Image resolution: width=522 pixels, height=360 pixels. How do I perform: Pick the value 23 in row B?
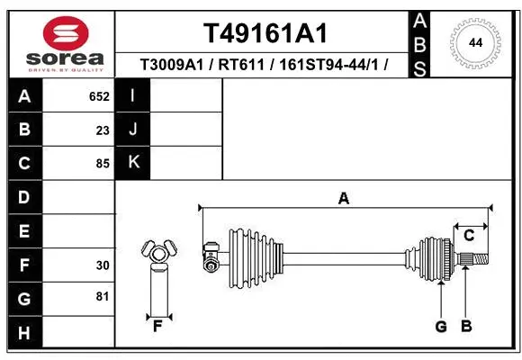pyautogui.click(x=103, y=130)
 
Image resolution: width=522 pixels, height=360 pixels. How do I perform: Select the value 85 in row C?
pyautogui.click(x=103, y=164)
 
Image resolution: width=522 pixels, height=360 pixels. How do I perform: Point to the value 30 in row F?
pyautogui.click(x=103, y=265)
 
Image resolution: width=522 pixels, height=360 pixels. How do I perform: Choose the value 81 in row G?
pyautogui.click(x=103, y=296)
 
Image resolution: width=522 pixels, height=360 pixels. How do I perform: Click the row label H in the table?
pyautogui.click(x=24, y=334)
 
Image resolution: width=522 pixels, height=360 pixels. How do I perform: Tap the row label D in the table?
pyautogui.click(x=24, y=197)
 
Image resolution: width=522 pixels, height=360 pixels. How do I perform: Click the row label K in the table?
pyautogui.click(x=133, y=163)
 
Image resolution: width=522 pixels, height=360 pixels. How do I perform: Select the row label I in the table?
pyautogui.click(x=133, y=95)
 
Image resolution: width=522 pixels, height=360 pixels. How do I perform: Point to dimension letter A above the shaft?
pyautogui.click(x=343, y=198)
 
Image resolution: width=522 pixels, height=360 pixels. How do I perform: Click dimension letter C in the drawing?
pyautogui.click(x=469, y=235)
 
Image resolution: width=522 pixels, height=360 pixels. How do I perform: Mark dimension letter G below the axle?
pyautogui.click(x=441, y=326)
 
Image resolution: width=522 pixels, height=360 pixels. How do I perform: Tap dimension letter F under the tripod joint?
pyautogui.click(x=157, y=326)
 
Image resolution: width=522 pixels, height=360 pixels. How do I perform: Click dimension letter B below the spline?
pyautogui.click(x=466, y=326)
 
